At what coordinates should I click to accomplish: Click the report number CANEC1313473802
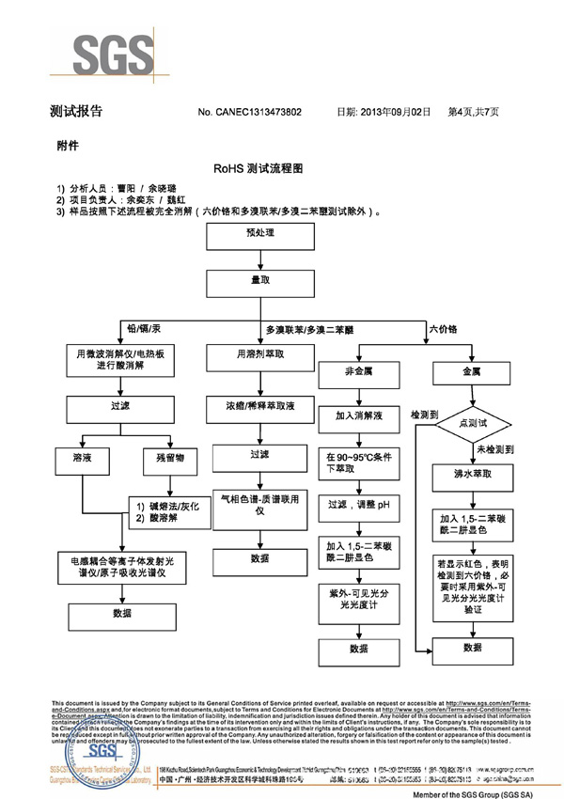coord(249,112)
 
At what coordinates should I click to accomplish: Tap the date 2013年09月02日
coord(395,112)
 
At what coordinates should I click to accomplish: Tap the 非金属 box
coord(361,371)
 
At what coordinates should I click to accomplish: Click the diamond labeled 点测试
coord(472,423)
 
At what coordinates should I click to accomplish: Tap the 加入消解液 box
coord(361,415)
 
